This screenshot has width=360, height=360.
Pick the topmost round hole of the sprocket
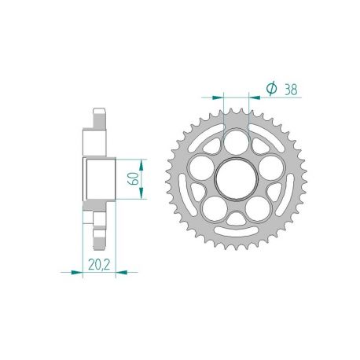coord(236,140)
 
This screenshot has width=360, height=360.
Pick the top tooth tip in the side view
coord(98,111)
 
